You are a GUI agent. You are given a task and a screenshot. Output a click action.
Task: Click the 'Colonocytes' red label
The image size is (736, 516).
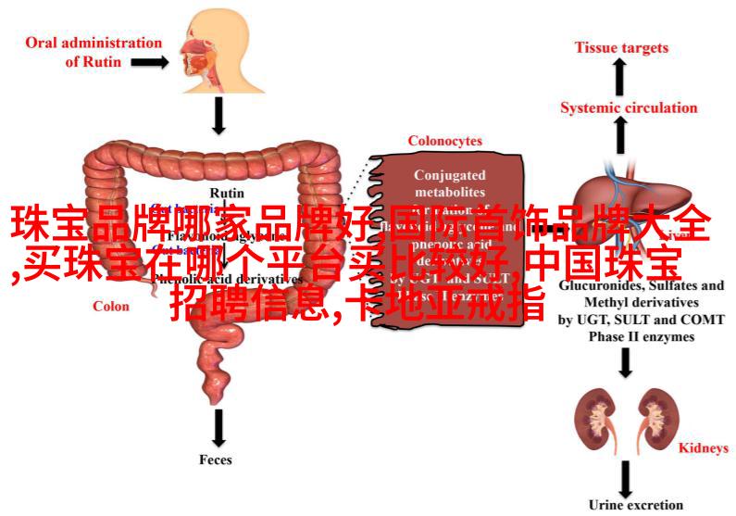[445, 141]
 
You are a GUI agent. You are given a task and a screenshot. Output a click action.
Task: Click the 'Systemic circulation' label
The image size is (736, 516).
[629, 107]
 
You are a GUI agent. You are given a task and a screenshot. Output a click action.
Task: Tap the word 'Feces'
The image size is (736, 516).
[215, 459]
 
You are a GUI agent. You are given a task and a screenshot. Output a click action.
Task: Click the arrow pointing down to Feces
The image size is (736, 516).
[218, 427]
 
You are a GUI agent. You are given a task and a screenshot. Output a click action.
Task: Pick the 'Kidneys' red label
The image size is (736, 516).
[704, 448]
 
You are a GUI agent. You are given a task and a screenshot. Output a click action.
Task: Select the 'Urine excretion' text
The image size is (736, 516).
[635, 505]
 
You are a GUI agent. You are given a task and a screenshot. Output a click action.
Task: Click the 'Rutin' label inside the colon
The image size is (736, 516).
[221, 194]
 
